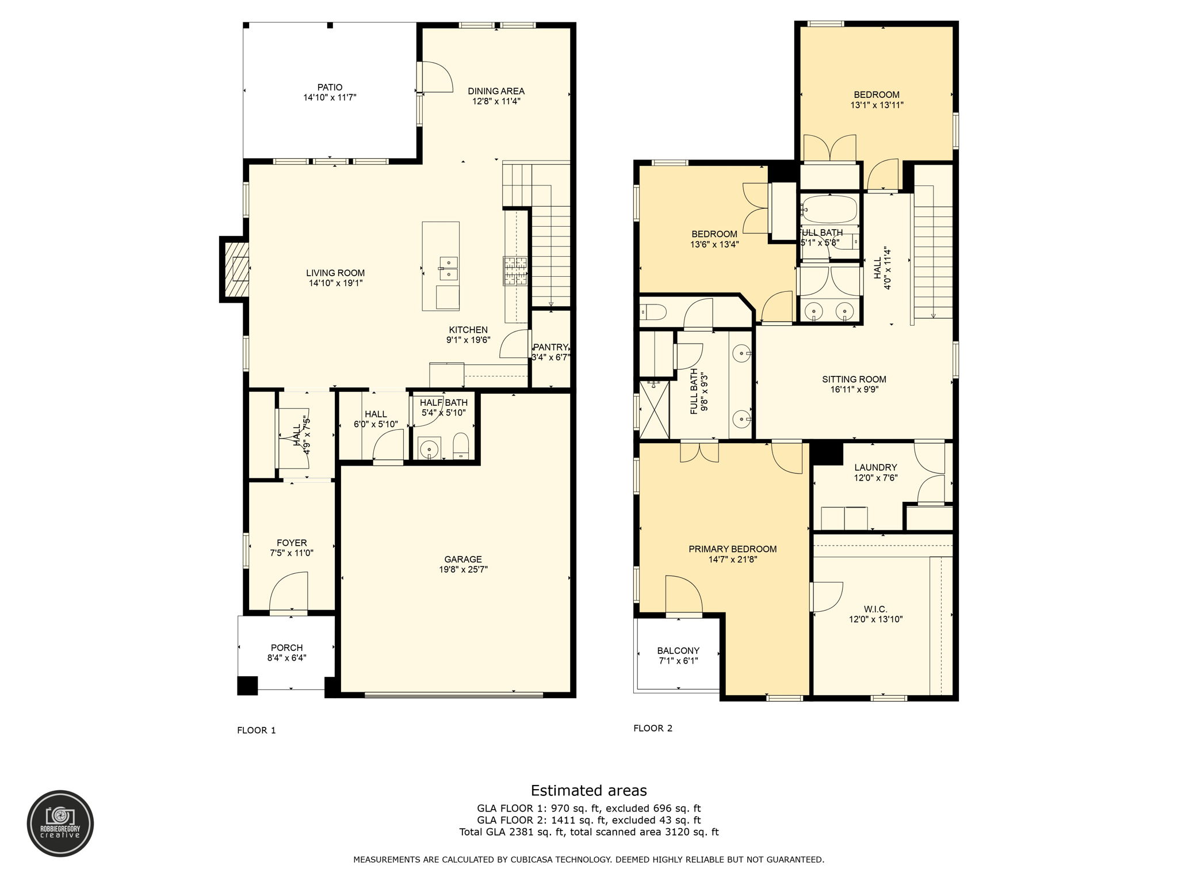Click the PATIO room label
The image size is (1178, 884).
(x=330, y=87)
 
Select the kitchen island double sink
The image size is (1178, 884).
(x=448, y=269)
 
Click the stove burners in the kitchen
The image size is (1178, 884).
(x=515, y=270)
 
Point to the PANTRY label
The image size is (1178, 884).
(x=550, y=347)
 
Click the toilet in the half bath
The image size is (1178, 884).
(x=461, y=446)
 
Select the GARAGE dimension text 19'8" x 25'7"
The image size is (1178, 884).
(x=463, y=569)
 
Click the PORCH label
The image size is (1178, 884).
(x=286, y=647)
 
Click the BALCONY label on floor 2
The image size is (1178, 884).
(x=678, y=650)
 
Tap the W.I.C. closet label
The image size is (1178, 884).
(x=875, y=609)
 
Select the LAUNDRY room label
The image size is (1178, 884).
(x=875, y=467)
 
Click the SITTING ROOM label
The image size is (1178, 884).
(x=854, y=379)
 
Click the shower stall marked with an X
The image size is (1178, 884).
(x=655, y=409)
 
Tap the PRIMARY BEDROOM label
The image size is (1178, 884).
(x=732, y=549)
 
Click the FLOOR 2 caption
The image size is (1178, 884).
(x=653, y=728)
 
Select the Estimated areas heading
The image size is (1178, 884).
(x=588, y=790)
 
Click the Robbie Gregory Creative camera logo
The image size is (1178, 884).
(x=60, y=823)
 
